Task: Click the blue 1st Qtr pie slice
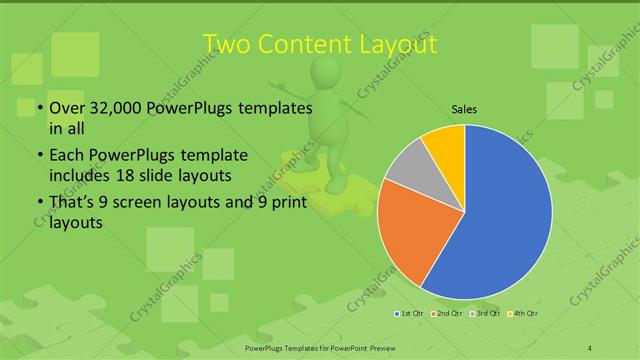pyautogui.click(x=500, y=215)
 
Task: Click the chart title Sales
pyautogui.click(x=464, y=110)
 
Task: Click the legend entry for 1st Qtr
pyautogui.click(x=410, y=314)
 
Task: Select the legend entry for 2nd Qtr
pyautogui.click(x=448, y=314)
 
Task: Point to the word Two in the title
pyautogui.click(x=229, y=45)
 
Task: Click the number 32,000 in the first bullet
pyautogui.click(x=113, y=108)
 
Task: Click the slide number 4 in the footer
pyautogui.click(x=589, y=347)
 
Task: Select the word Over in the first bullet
pyautogui.click(x=67, y=108)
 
